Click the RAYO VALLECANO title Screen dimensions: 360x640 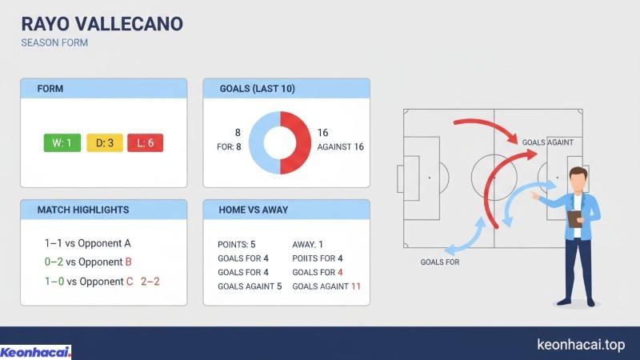point(102,24)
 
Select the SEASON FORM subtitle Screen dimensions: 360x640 point(54,43)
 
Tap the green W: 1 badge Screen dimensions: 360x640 point(62,143)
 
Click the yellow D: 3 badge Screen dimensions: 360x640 point(104,143)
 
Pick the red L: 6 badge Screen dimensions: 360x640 point(146,143)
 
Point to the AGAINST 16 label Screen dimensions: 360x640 point(341,147)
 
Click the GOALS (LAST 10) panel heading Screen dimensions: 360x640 point(257,88)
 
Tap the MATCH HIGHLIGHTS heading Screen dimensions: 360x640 point(83,210)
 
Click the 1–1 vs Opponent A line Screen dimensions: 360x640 point(87,243)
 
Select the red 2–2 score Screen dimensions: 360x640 point(150,282)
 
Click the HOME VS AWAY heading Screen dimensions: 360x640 point(254,210)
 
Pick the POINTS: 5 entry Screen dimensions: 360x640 point(236,244)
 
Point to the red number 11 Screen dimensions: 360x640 point(356,286)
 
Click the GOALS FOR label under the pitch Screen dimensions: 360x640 point(440,262)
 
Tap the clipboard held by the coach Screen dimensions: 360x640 point(574,217)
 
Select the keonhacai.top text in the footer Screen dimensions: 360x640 point(580,344)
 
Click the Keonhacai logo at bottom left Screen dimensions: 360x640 point(36,351)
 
